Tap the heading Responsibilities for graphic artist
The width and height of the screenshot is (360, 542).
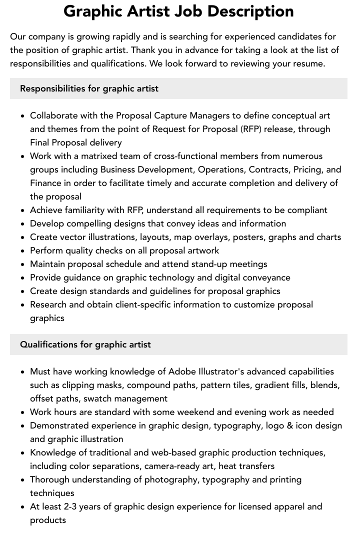point(89,88)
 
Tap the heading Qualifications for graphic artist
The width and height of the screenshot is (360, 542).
point(85,344)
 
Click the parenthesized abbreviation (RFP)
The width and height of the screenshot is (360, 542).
point(249,129)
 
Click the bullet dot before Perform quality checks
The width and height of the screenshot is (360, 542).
point(23,251)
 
